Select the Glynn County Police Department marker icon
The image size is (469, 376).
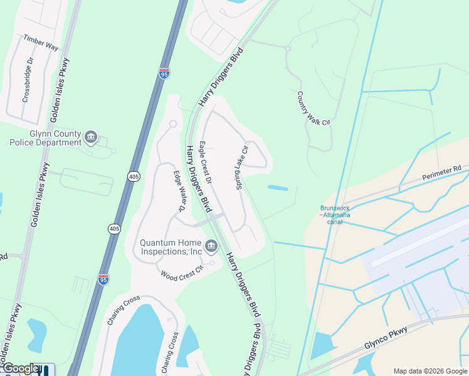(91, 137)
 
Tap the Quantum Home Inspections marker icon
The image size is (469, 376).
(211, 245)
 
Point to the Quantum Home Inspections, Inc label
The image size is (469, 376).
(171, 247)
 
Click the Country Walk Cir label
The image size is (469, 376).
(313, 108)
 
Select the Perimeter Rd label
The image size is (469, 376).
(441, 172)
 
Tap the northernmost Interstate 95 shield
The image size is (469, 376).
(164, 73)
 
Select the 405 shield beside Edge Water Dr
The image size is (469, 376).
(133, 177)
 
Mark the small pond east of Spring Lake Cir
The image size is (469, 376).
(278, 187)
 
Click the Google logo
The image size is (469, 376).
(20, 369)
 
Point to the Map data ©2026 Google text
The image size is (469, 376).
(430, 371)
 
